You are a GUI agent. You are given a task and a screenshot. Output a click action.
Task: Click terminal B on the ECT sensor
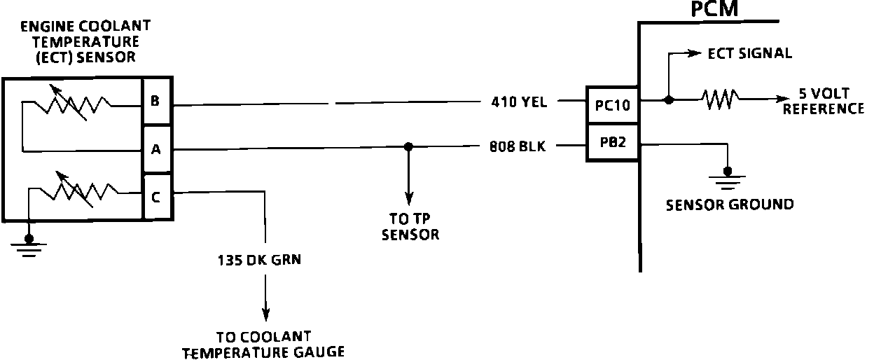155,101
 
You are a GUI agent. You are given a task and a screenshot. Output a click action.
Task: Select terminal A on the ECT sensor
155,148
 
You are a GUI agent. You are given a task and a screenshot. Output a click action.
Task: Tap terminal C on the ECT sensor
155,197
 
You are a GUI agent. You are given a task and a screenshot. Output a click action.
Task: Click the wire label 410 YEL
519,102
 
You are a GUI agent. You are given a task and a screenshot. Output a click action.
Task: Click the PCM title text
714,10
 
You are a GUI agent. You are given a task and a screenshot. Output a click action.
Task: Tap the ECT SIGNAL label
749,53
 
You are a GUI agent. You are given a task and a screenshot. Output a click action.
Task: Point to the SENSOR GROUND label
729,205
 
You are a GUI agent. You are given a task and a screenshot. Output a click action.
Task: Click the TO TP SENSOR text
410,227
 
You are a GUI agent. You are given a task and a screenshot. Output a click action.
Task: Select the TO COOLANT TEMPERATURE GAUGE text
263,344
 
